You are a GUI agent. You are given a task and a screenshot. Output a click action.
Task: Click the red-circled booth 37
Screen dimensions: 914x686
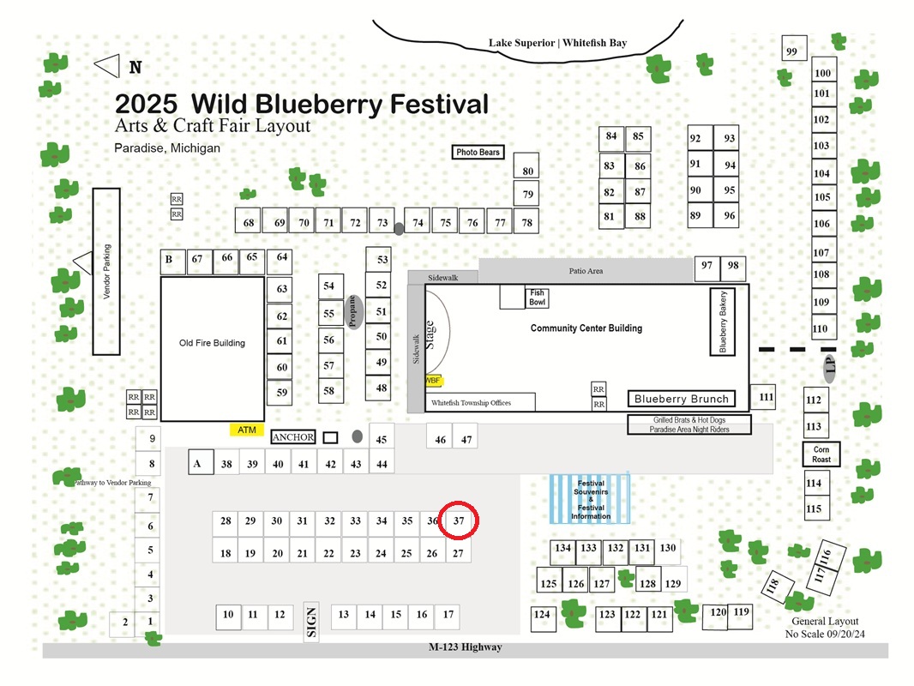tap(459, 521)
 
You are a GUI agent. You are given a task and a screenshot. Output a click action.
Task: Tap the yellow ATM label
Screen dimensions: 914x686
tap(247, 430)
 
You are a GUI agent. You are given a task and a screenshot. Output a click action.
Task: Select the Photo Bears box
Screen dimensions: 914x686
tap(478, 152)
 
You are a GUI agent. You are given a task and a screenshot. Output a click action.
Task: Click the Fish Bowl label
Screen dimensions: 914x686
tap(538, 298)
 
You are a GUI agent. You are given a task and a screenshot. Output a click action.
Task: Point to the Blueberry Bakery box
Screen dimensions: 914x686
tap(722, 322)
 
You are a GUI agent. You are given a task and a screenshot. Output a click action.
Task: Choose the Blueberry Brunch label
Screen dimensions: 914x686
tap(682, 399)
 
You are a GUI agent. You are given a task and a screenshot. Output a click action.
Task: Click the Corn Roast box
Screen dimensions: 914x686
tap(821, 454)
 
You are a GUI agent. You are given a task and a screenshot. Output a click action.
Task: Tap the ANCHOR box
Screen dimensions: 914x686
tap(293, 437)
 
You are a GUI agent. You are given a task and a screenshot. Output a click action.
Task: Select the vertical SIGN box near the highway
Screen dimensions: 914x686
tap(311, 622)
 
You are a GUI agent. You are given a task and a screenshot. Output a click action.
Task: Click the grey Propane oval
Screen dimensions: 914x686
tap(352, 312)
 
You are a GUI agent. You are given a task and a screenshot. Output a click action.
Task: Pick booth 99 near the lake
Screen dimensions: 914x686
tap(794, 48)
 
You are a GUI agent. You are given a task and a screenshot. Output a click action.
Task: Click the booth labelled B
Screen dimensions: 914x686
tap(172, 262)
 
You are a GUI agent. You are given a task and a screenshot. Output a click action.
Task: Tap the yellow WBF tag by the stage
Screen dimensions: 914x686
tap(433, 381)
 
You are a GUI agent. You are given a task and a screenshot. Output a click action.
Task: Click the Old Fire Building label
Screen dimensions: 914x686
tap(212, 343)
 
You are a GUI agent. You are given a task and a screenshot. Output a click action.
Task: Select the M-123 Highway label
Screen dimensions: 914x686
tap(466, 647)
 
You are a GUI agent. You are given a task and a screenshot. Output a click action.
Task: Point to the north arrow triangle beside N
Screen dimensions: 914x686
tap(107, 66)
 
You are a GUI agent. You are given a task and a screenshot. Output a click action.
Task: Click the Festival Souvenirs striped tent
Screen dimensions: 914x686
tap(590, 499)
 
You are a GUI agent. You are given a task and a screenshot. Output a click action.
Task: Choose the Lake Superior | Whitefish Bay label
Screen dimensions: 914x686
tap(558, 43)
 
